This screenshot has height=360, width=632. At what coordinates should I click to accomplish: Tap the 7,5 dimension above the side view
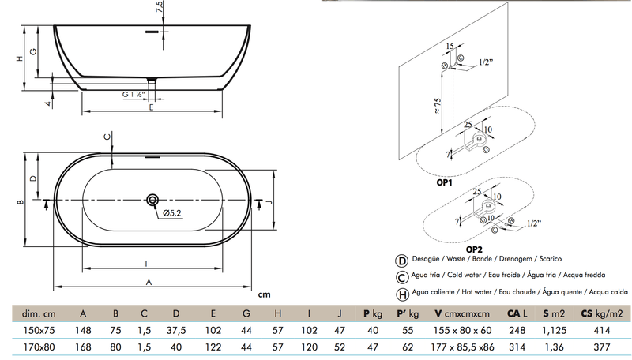click(x=160, y=9)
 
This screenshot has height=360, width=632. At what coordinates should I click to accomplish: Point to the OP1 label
click(x=444, y=182)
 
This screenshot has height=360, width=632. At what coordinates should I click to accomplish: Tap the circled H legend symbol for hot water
click(x=402, y=291)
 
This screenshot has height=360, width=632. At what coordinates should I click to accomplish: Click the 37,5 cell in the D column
click(x=182, y=329)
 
